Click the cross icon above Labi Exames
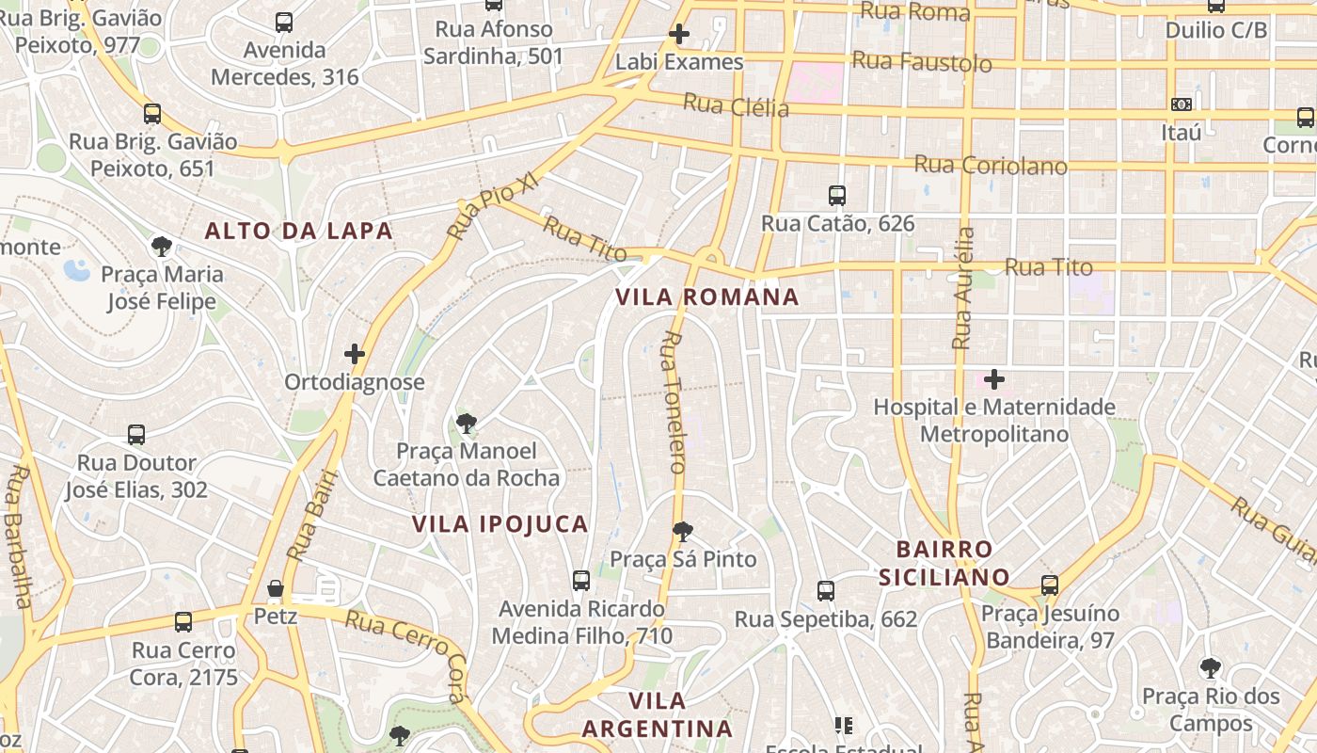[x=678, y=35]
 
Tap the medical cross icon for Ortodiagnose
[x=355, y=354]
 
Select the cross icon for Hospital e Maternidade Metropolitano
[x=994, y=379]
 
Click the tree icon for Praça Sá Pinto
[x=683, y=532]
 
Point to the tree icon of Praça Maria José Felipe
[x=163, y=247]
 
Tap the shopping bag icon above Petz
[x=276, y=588]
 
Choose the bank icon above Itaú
[x=1182, y=104]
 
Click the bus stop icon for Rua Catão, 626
[x=837, y=196]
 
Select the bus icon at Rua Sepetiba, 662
[x=826, y=591]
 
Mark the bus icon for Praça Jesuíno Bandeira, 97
[x=1050, y=585]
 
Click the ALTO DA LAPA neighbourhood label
[x=298, y=231]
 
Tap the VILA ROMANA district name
[x=706, y=297]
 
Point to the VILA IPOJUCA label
[x=500, y=524]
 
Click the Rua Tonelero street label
[x=674, y=402]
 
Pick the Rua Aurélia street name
[x=963, y=288]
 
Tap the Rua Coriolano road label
[x=991, y=166]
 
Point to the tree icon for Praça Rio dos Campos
[x=1211, y=668]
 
